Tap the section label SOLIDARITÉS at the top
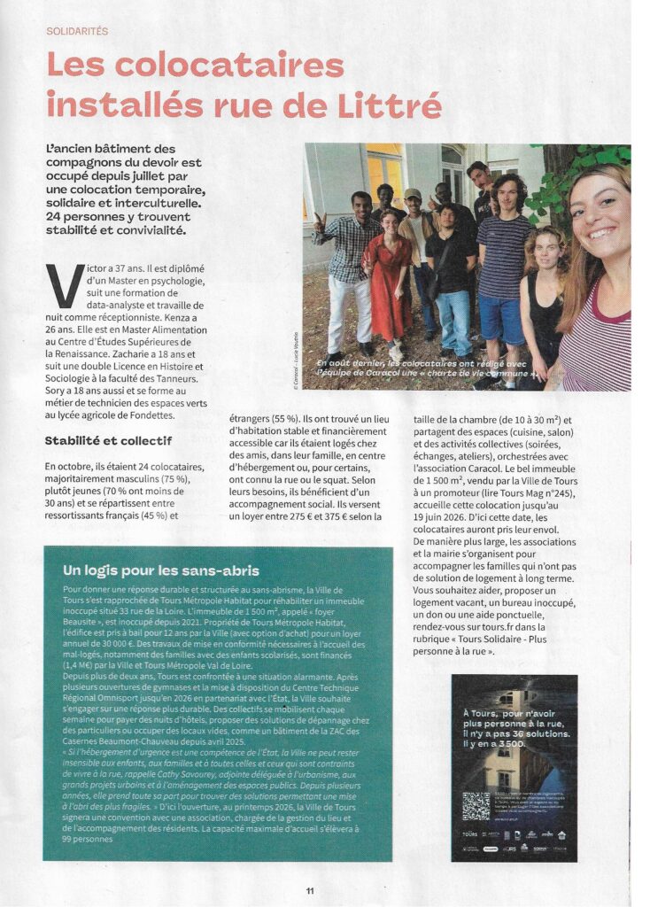[x=77, y=31]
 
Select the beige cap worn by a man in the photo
[x=413, y=194]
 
